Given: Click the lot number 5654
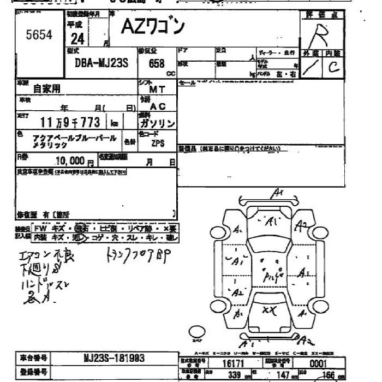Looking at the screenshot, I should (x=39, y=35).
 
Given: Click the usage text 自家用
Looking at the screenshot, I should (x=47, y=88).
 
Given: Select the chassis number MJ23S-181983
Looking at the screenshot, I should (x=114, y=358).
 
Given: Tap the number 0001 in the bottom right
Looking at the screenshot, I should (x=318, y=363).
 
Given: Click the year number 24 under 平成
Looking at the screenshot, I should (x=77, y=39).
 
